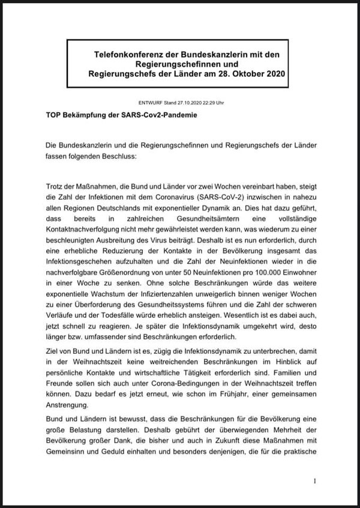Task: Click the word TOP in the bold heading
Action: [x=54, y=113]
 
